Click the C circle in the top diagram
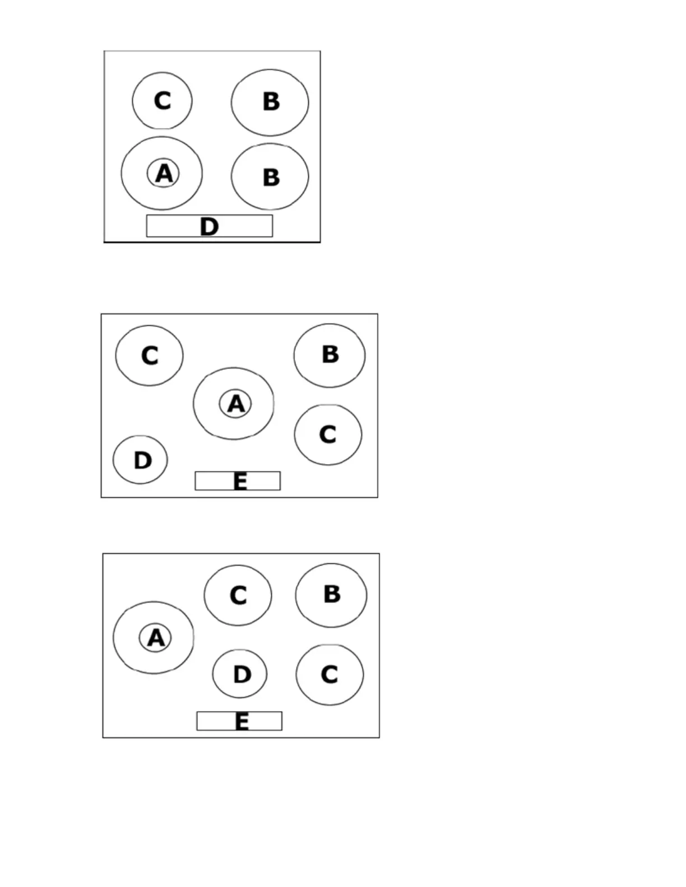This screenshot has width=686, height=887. (162, 101)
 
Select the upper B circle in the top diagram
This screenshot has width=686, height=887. (270, 102)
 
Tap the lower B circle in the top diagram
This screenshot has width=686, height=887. (270, 176)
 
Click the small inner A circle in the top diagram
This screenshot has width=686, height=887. (163, 173)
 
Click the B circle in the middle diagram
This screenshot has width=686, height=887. (330, 355)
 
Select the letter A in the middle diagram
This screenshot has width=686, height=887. (236, 404)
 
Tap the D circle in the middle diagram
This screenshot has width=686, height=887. (140, 460)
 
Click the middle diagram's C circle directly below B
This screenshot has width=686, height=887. (328, 435)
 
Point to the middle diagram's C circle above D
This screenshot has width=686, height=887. (149, 356)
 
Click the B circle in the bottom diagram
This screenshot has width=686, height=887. (331, 595)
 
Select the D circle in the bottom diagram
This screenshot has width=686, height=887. (240, 674)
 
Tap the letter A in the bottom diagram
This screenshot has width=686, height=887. (156, 638)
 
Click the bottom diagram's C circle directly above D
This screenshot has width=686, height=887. (238, 595)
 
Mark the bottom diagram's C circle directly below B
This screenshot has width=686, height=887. (330, 674)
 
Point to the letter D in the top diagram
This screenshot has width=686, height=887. (209, 227)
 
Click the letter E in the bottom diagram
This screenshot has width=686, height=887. (242, 722)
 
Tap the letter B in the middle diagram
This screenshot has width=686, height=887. (331, 354)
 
